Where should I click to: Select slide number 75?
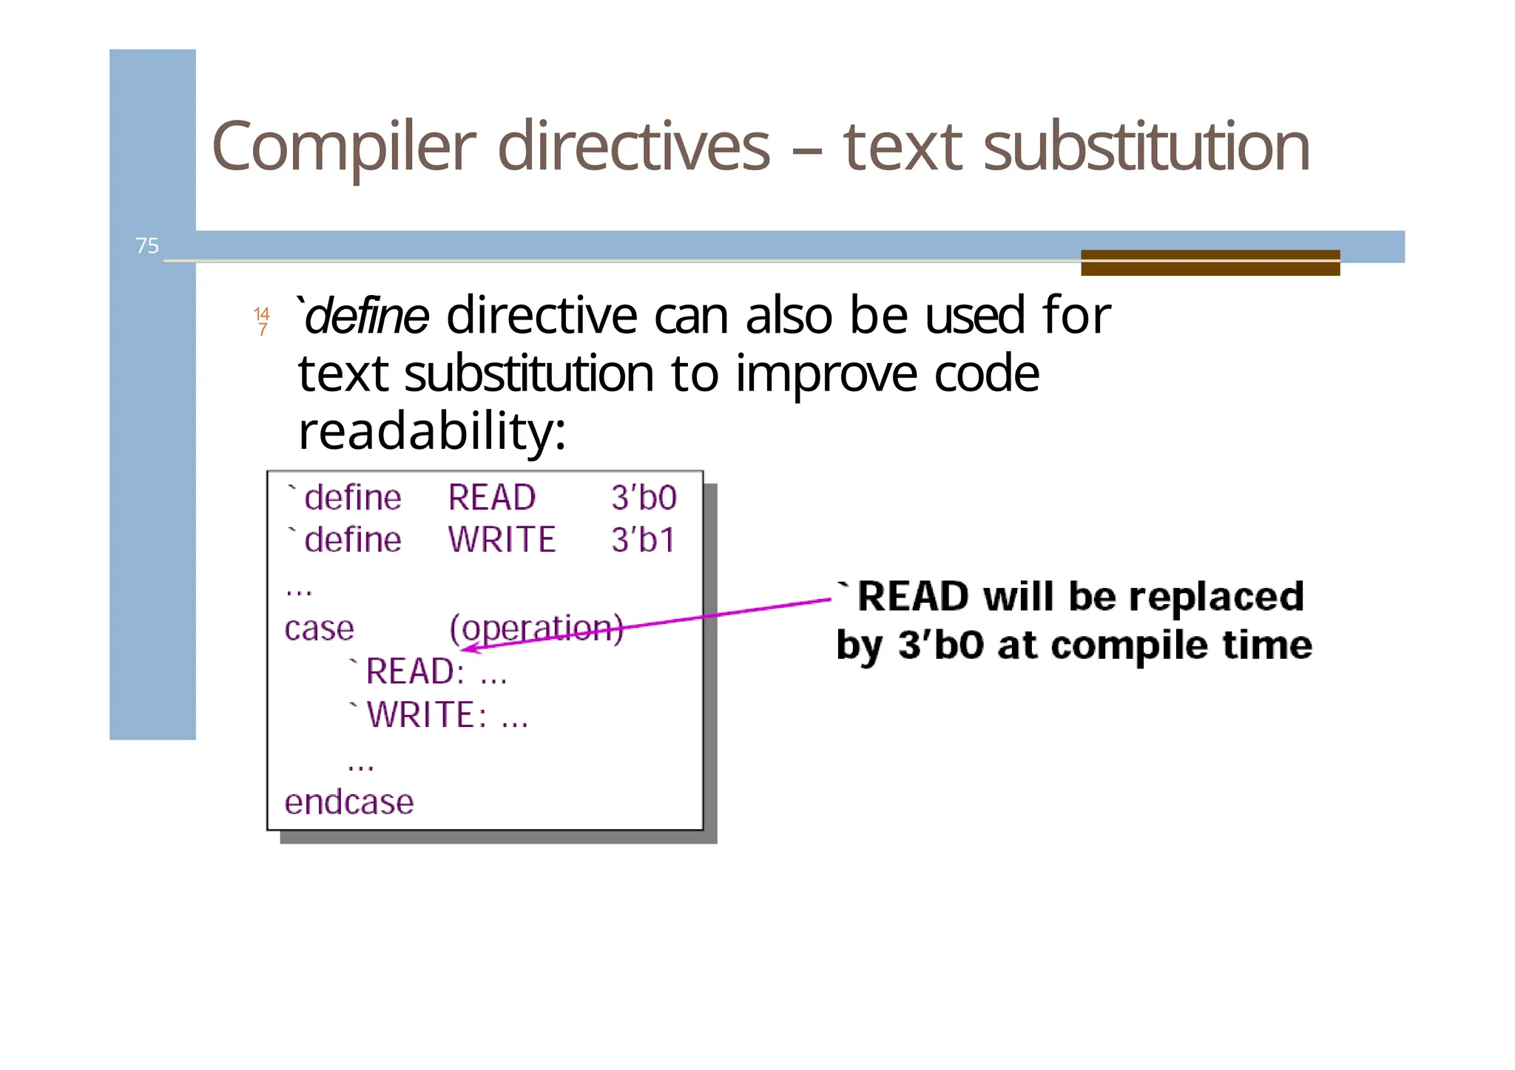point(147,246)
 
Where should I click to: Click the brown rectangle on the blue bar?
point(1210,263)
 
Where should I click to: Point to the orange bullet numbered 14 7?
point(262,322)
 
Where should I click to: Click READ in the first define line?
point(492,498)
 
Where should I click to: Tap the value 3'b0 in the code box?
point(644,498)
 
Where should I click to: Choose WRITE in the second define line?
point(502,540)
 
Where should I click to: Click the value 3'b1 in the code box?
point(643,540)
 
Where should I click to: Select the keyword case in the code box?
point(319,629)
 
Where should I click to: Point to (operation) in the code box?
point(536,629)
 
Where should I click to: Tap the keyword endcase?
point(349,802)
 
